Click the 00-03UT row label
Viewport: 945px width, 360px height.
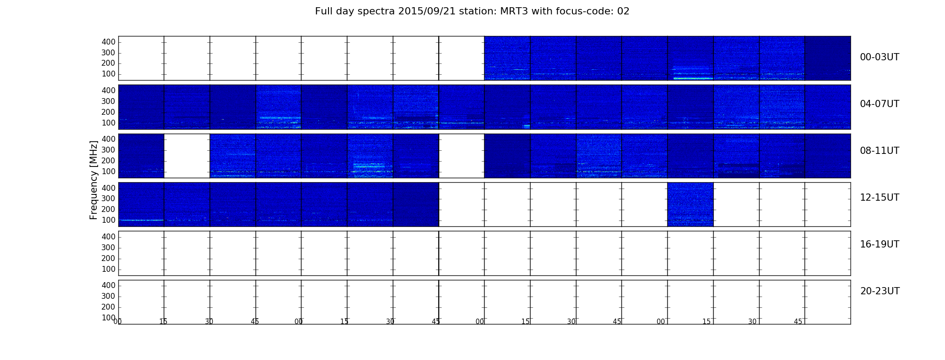[x=879, y=57]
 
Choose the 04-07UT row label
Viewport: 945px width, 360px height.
[x=879, y=104]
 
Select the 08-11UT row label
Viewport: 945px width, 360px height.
[x=879, y=151]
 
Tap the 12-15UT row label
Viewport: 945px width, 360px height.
[x=879, y=198]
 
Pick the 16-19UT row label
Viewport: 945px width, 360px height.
[x=879, y=244]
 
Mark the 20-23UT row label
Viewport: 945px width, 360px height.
[x=880, y=291]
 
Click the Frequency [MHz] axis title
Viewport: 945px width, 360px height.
[x=94, y=180]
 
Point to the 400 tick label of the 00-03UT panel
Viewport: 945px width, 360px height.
[x=108, y=42]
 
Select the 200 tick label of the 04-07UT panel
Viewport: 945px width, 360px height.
[x=108, y=112]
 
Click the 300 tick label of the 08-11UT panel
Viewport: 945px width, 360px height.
[x=108, y=150]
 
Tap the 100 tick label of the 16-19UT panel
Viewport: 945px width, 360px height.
[x=108, y=269]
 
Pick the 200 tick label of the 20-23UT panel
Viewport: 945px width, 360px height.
[x=108, y=307]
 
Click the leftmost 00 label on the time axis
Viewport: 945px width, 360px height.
[x=117, y=321]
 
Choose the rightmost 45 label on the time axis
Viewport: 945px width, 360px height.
[x=798, y=321]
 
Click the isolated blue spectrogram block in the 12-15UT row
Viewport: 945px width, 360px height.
[x=690, y=204]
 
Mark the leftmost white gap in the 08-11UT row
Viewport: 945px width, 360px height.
[x=187, y=156]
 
